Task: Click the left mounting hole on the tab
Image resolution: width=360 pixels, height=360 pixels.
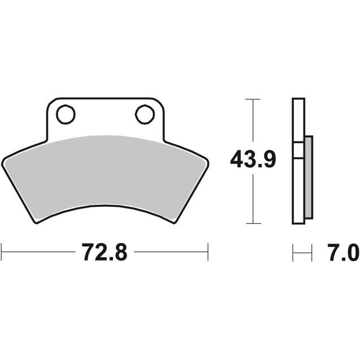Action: point(66,115)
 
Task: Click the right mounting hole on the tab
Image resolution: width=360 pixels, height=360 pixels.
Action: point(145,115)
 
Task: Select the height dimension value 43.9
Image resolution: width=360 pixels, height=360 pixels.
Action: point(253,161)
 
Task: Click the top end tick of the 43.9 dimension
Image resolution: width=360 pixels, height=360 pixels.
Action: point(253,99)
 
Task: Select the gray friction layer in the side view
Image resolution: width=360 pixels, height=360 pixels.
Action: point(308,178)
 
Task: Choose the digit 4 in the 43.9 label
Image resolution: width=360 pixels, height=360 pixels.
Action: point(236,161)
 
